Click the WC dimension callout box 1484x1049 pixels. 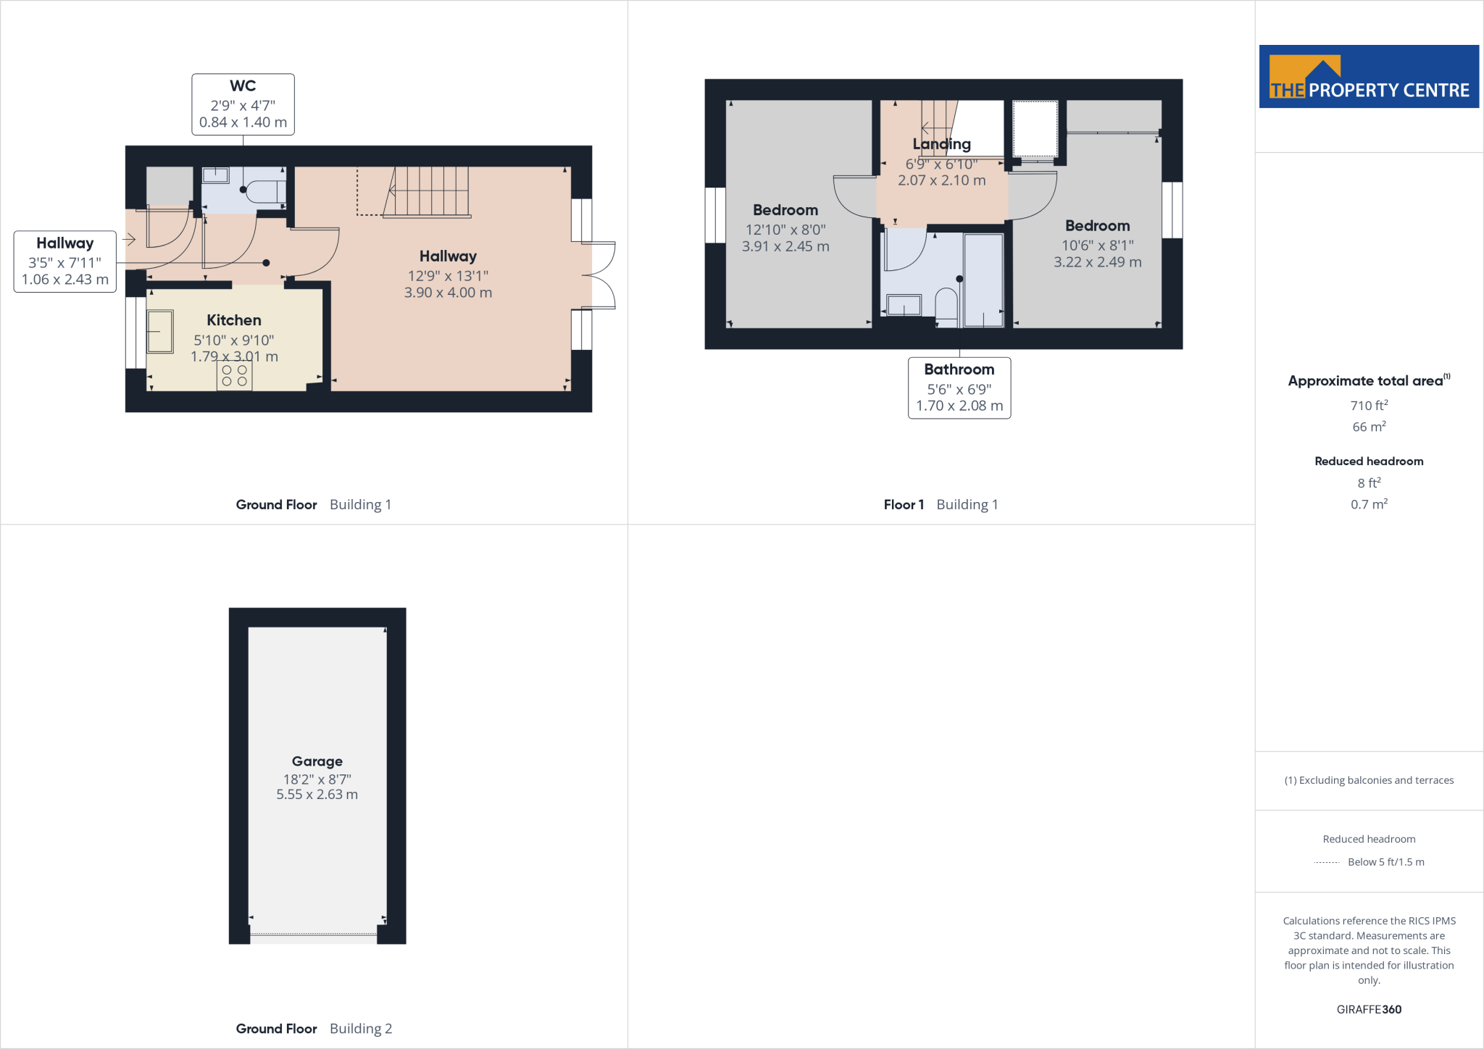point(243,104)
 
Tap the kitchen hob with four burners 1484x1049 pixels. point(234,375)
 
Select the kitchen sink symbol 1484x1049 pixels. point(160,332)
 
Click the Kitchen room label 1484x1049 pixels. point(233,320)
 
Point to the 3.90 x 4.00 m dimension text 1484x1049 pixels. point(448,293)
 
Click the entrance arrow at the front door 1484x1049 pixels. point(130,239)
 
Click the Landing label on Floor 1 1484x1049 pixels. point(941,144)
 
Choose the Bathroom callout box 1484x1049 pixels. point(959,388)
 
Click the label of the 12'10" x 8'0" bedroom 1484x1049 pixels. point(785,210)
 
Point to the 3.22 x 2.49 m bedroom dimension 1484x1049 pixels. point(1097,262)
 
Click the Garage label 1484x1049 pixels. point(317,761)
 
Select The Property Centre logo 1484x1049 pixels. point(1368,77)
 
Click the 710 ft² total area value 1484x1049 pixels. point(1368,406)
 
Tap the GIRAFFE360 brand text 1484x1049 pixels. point(1368,1009)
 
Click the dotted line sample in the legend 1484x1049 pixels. point(1326,862)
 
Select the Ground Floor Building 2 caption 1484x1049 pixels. point(314,1029)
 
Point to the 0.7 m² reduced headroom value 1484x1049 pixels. point(1368,504)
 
